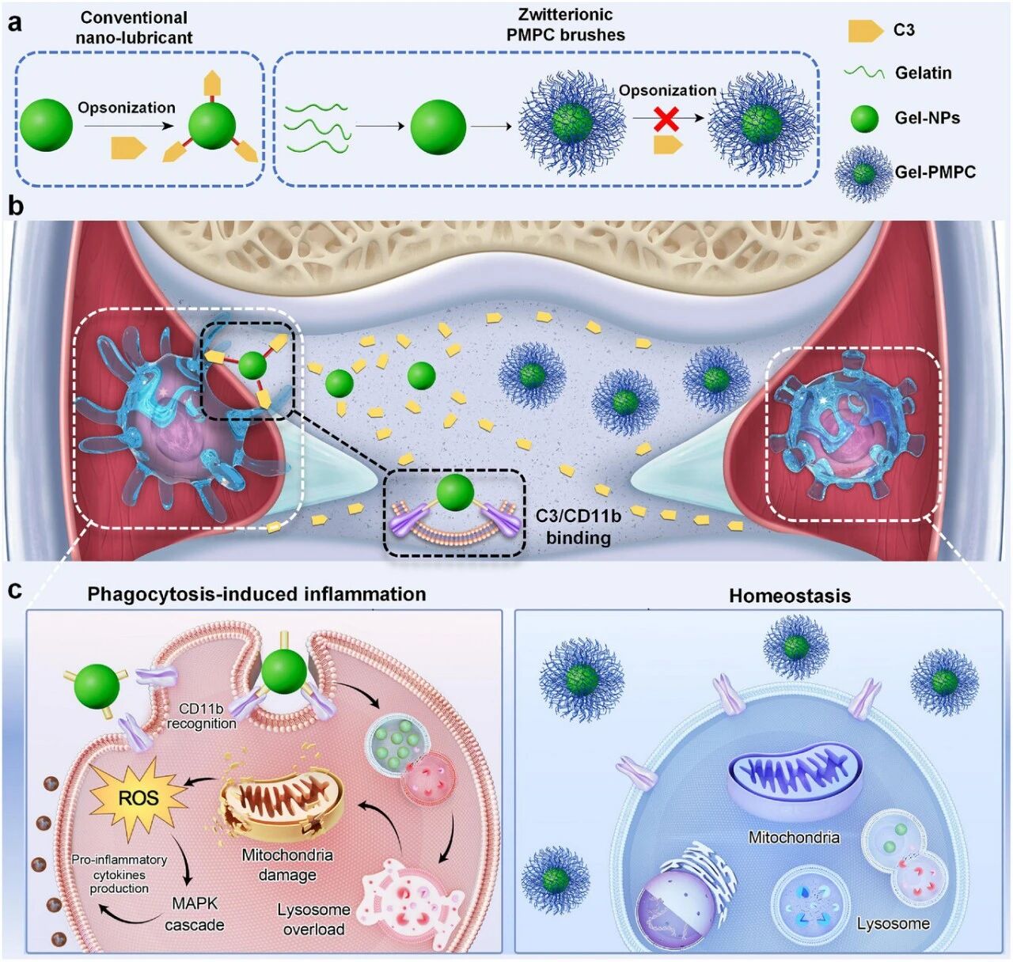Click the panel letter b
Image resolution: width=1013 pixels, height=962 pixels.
click(14, 206)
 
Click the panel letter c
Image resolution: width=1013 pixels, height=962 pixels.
click(15, 591)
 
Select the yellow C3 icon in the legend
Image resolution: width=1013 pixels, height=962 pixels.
click(865, 31)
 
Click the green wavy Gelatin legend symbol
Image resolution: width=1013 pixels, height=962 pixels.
click(864, 73)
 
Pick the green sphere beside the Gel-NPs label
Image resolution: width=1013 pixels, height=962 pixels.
click(864, 119)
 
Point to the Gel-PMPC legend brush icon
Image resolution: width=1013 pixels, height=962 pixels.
click(863, 172)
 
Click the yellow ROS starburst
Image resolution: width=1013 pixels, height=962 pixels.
click(138, 798)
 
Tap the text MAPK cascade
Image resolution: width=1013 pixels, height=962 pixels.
click(195, 914)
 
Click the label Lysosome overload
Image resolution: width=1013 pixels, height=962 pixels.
click(313, 919)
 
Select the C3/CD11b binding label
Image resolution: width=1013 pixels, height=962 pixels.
click(579, 526)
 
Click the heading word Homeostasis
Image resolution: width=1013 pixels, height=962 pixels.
click(789, 596)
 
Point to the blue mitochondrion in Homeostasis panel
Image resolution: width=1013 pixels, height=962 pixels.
click(793, 778)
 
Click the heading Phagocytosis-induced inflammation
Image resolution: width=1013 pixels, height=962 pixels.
click(256, 594)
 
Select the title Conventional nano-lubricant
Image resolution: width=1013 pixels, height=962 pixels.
click(134, 28)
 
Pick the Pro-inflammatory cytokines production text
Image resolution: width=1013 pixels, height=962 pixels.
click(119, 873)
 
